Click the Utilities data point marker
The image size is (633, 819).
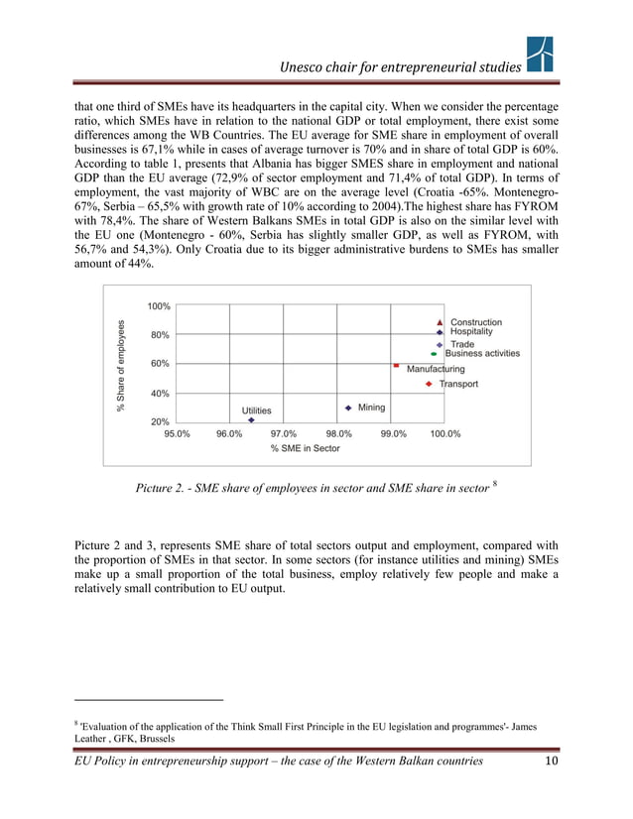click(252, 419)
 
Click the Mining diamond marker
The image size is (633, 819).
click(348, 408)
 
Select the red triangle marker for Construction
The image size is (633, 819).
click(440, 322)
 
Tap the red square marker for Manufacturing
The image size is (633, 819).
click(396, 366)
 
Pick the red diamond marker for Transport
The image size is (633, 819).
click(428, 384)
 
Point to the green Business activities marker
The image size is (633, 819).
click(434, 354)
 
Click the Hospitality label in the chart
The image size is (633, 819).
click(471, 332)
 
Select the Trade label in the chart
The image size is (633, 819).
click(462, 344)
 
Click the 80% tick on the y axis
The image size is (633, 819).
click(159, 335)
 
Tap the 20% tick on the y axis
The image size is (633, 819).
click(159, 422)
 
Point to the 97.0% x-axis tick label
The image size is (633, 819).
click(284, 433)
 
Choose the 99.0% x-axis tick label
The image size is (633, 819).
click(393, 433)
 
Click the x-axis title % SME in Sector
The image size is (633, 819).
click(305, 449)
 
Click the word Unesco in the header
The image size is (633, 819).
click(304, 66)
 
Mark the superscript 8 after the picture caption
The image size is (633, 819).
click(494, 482)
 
